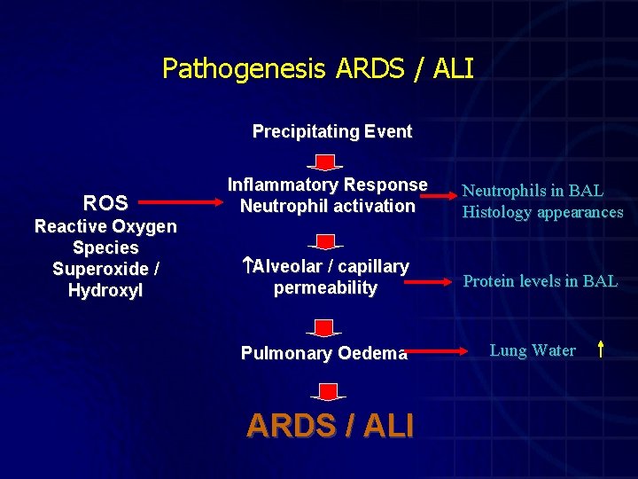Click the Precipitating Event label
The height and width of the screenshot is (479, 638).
[332, 132]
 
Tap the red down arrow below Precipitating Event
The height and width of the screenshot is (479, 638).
[326, 163]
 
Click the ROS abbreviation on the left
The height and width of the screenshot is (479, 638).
[105, 203]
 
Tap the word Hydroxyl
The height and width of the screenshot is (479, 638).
[105, 290]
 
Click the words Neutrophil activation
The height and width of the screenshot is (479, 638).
[327, 207]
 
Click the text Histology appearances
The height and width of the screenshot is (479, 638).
[542, 213]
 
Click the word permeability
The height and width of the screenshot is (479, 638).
[325, 288]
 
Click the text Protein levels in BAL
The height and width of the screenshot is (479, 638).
[540, 282]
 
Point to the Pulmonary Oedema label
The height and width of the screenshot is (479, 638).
[324, 353]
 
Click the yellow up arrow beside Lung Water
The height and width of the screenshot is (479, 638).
[601, 349]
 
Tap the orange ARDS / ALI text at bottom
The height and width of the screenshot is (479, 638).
[330, 426]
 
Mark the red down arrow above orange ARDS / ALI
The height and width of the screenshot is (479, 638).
[327, 391]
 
